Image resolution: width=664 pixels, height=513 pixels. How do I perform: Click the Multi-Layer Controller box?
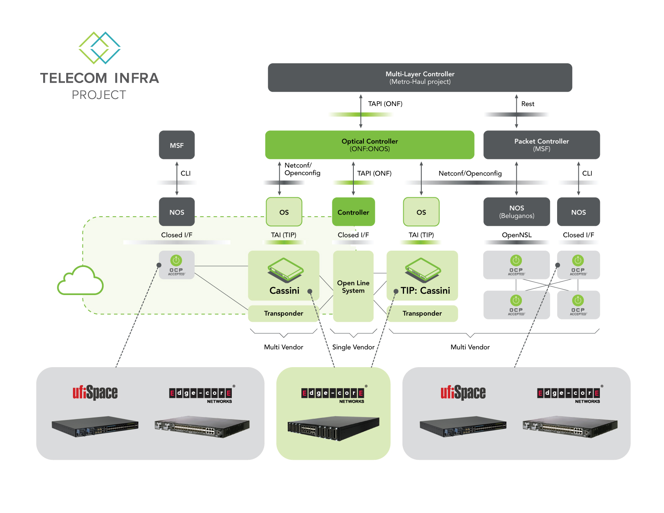pyautogui.click(x=420, y=78)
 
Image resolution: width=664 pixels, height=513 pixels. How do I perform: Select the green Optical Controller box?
pyautogui.click(x=369, y=145)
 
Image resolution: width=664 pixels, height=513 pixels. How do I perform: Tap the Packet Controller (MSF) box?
pyautogui.click(x=541, y=145)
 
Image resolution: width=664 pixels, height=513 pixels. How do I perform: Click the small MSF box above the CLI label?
pyautogui.click(x=176, y=145)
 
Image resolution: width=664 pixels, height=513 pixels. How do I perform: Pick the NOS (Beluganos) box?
pyautogui.click(x=516, y=212)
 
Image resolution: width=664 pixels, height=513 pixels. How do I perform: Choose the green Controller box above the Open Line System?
pyautogui.click(x=353, y=212)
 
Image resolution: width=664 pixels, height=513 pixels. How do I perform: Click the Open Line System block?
pyautogui.click(x=353, y=287)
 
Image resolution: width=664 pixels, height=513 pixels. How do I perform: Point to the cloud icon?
pyautogui.click(x=80, y=281)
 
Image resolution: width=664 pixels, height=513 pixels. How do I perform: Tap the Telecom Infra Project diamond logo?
pyautogui.click(x=100, y=48)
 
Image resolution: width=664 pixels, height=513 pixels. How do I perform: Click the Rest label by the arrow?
pyautogui.click(x=528, y=104)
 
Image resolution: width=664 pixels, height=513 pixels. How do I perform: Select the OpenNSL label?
pyautogui.click(x=516, y=235)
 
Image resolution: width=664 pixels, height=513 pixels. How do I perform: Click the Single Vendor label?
pyautogui.click(x=353, y=347)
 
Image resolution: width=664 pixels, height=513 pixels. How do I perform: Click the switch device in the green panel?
pyautogui.click(x=333, y=428)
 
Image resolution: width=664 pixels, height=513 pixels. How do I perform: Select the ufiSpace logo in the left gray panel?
pyautogui.click(x=95, y=393)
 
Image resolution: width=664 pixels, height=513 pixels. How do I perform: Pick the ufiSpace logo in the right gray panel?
pyautogui.click(x=463, y=393)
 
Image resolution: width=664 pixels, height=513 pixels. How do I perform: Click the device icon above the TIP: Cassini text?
pyautogui.click(x=423, y=270)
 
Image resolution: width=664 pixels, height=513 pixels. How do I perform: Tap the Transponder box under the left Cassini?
pyautogui.click(x=283, y=313)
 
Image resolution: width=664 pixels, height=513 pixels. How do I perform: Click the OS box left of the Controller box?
pyautogui.click(x=284, y=212)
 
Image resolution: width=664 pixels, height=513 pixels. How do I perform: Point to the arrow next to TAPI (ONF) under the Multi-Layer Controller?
pyautogui.click(x=361, y=111)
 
